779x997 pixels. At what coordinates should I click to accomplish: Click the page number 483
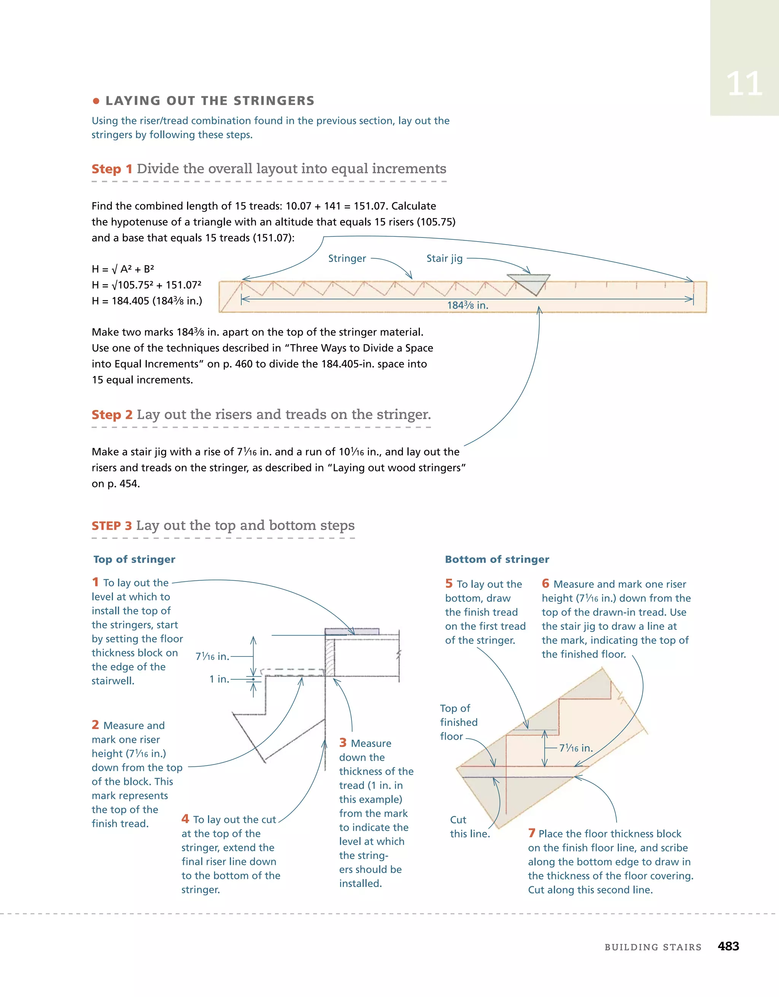(x=728, y=946)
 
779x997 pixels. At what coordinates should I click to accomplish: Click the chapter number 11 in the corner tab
(x=744, y=84)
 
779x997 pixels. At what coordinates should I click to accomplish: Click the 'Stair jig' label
(x=444, y=258)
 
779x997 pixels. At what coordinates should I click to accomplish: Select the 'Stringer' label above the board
(x=347, y=258)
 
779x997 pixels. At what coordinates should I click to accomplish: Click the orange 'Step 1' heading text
(x=112, y=169)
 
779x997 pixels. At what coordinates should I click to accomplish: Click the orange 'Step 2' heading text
(x=112, y=414)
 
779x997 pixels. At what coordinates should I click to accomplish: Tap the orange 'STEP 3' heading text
(x=112, y=526)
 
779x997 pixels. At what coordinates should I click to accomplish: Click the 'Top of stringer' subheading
(x=134, y=559)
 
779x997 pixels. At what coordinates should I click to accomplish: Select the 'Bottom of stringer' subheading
(x=497, y=559)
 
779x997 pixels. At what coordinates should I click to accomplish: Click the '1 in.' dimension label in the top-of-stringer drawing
(x=219, y=679)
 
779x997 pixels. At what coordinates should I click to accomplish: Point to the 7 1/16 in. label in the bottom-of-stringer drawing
(x=576, y=748)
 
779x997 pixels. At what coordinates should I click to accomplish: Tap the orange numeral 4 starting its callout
(x=185, y=819)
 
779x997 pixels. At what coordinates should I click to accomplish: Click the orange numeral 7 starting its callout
(x=532, y=833)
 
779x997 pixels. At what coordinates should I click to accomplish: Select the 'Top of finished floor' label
(x=458, y=722)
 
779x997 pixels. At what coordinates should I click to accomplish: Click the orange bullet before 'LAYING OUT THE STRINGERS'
(x=96, y=101)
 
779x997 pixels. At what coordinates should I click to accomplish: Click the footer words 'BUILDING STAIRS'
(x=653, y=947)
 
